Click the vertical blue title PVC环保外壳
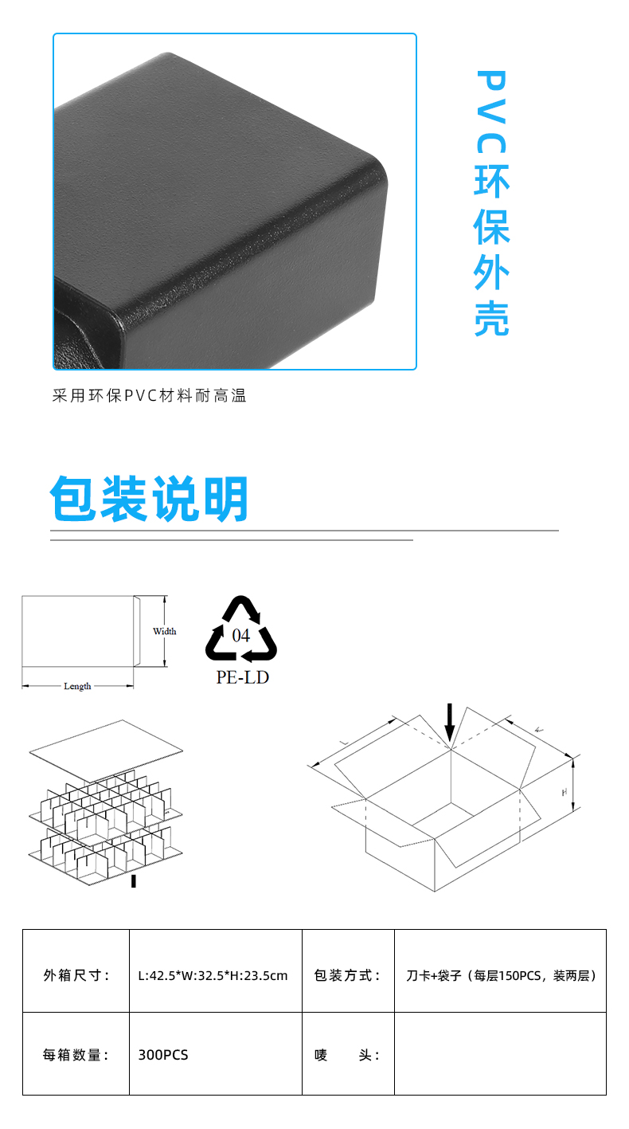point(491,203)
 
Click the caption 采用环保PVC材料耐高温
point(150,396)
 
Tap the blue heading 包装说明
point(149,498)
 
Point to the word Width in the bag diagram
point(165,631)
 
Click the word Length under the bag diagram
point(77,686)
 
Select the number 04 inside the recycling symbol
point(240,636)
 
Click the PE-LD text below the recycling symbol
point(243,677)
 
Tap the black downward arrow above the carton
point(450,723)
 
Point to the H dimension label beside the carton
point(565,792)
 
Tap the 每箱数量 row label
point(76,1053)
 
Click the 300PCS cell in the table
point(216,1053)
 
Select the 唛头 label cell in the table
point(348,1053)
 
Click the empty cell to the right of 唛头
point(500,1053)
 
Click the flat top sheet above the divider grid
point(106,751)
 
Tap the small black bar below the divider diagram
point(134,881)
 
